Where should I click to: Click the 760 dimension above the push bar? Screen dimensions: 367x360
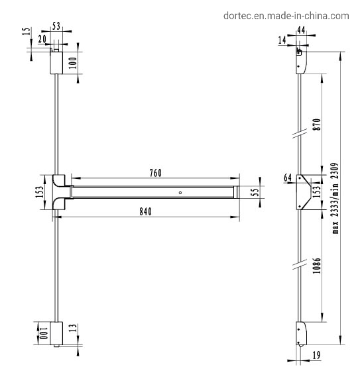[x=156, y=172]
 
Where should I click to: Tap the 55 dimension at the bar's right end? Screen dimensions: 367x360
[x=254, y=192]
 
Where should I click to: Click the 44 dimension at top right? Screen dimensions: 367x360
[x=301, y=30]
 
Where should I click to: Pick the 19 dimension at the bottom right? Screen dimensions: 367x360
[x=315, y=355]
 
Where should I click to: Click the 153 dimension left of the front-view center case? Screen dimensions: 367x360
[x=40, y=192]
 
